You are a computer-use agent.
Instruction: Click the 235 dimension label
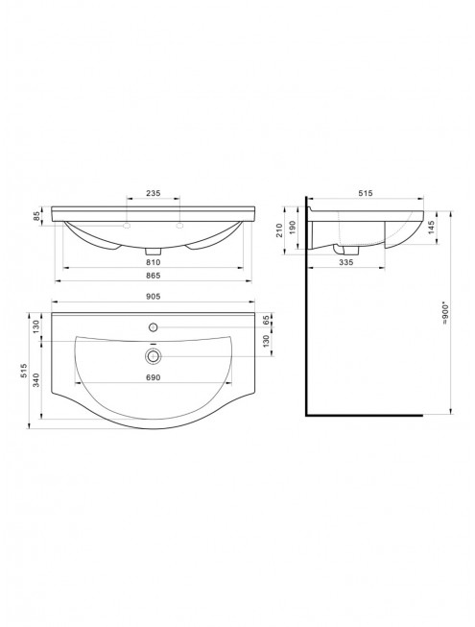point(153,193)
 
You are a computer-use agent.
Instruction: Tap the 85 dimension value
point(36,216)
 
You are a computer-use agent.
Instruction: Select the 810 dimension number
point(153,262)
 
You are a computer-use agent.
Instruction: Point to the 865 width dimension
point(153,276)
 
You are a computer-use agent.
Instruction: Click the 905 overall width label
point(153,297)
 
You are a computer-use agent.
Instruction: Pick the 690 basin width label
point(153,377)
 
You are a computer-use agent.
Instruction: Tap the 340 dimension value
point(36,380)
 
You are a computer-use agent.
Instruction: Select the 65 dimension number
point(267,321)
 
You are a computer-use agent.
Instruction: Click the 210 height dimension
point(279,230)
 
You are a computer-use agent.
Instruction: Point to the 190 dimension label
point(294,228)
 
